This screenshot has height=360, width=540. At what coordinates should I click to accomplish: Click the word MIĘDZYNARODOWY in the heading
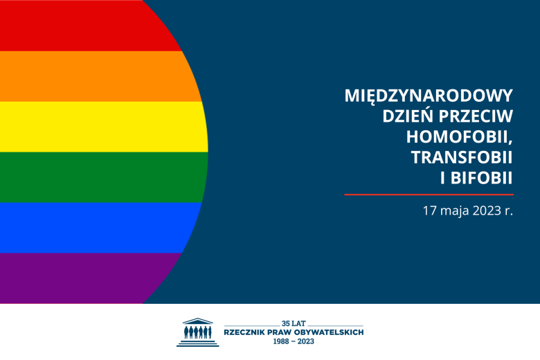tap(429, 96)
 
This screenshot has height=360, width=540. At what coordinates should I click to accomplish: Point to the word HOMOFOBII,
tap(451, 137)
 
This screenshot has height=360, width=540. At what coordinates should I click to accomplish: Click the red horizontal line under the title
tap(429, 195)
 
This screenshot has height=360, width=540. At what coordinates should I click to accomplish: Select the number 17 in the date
tap(430, 211)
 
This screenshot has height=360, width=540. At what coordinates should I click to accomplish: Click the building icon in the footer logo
tap(197, 332)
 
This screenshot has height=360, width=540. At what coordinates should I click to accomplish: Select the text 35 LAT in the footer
tap(294, 323)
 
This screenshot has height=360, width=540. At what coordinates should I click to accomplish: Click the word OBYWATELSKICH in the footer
tap(328, 332)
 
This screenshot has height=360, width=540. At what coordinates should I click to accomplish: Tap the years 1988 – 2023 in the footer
tap(294, 341)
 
